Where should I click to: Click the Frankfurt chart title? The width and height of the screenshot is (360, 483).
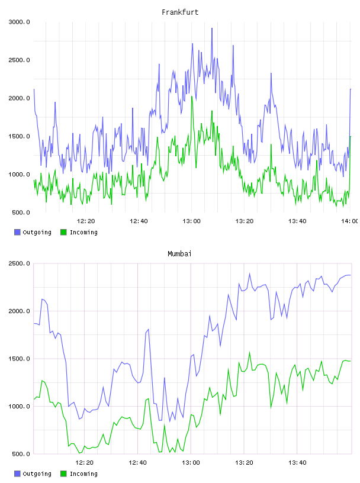pyautogui.click(x=180, y=12)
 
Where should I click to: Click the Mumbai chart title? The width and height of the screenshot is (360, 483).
pyautogui.click(x=179, y=253)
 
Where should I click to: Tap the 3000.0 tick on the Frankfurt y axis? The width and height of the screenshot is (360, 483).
pyautogui.click(x=19, y=22)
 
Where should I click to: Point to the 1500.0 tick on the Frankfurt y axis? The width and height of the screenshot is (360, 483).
pyautogui.click(x=19, y=136)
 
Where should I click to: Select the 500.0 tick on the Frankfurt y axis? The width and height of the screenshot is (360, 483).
pyautogui.click(x=21, y=212)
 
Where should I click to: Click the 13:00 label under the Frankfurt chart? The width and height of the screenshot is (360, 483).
pyautogui.click(x=191, y=221)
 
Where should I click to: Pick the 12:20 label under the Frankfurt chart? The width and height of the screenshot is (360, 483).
pyautogui.click(x=86, y=221)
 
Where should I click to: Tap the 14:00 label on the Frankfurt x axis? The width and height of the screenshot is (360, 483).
pyautogui.click(x=349, y=221)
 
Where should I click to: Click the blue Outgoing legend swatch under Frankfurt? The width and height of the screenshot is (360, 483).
pyautogui.click(x=17, y=232)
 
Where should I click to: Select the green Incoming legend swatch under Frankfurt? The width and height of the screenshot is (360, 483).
pyautogui.click(x=63, y=232)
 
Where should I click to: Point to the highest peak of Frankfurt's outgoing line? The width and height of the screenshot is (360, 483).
pyautogui.click(x=212, y=28)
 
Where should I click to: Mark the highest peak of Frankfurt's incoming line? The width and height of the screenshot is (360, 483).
pyautogui.click(x=192, y=96)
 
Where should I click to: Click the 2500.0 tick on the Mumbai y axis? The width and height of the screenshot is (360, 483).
pyautogui.click(x=19, y=263)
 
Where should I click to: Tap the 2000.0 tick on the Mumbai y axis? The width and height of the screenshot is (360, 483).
pyautogui.click(x=19, y=311)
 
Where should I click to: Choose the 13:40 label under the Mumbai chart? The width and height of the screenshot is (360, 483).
pyautogui.click(x=297, y=463)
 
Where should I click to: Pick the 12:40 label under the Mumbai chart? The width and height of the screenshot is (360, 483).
pyautogui.click(x=137, y=463)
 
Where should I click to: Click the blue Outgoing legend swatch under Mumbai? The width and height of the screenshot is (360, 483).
pyautogui.click(x=17, y=474)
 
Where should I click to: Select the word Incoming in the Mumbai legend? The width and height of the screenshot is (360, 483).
pyautogui.click(x=83, y=474)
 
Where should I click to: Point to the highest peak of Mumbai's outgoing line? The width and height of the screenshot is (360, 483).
pyautogui.click(x=250, y=273)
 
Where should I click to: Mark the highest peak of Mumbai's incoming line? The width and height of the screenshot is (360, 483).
pyautogui.click(x=250, y=352)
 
